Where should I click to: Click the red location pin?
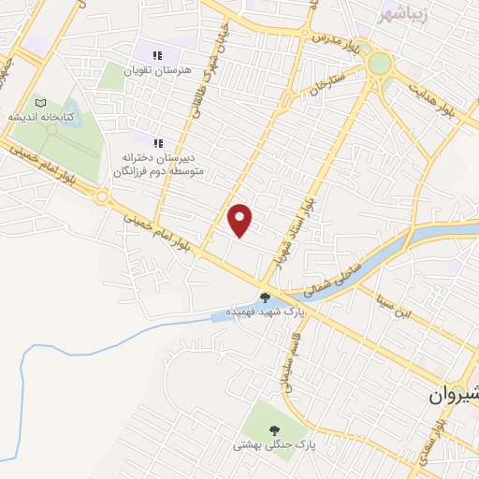point(241,220)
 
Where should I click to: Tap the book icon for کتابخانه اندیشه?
point(39,102)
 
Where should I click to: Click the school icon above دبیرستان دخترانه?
point(159,143)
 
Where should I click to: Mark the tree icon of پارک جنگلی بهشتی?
point(274,430)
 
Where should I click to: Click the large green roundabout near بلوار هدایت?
point(380,64)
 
